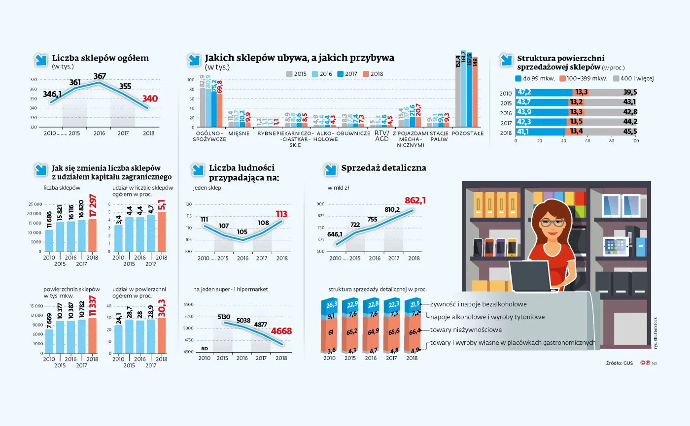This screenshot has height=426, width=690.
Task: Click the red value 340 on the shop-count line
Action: (x=150, y=99)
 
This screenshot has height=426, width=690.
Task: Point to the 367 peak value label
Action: (x=100, y=76)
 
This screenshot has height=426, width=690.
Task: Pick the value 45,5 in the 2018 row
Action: (x=630, y=131)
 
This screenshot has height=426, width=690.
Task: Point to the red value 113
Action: (x=281, y=214)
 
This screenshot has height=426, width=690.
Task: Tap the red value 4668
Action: (x=282, y=331)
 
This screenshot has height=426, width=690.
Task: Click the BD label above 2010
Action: (x=205, y=349)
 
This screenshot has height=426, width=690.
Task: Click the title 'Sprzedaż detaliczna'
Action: (x=383, y=168)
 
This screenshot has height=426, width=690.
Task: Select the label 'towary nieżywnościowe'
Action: (x=466, y=330)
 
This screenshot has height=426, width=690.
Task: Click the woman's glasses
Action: (x=552, y=223)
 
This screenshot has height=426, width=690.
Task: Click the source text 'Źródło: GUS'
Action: (x=619, y=363)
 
